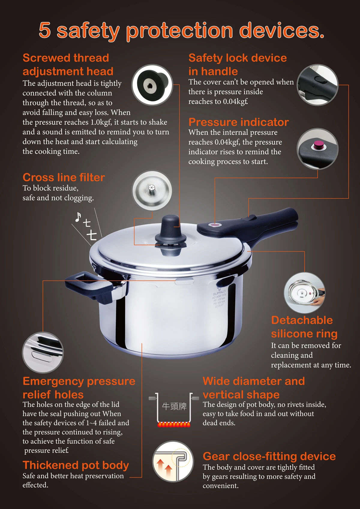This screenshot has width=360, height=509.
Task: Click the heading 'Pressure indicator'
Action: coord(238,122)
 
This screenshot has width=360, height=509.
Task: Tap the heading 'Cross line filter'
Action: coord(64,177)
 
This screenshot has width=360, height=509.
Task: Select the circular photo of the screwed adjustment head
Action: coord(152,85)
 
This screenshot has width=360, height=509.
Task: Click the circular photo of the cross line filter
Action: coord(152,190)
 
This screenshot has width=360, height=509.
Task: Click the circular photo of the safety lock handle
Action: coord(317,85)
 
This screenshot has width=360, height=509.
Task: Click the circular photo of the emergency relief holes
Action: coord(43,352)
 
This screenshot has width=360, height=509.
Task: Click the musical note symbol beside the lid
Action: coord(78,217)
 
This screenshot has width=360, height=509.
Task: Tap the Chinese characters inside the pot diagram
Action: coord(174,406)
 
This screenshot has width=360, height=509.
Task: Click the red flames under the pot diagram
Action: coord(174,424)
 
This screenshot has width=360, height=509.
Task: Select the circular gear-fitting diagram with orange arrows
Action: coord(173,462)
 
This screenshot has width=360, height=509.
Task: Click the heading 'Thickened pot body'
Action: coord(76,465)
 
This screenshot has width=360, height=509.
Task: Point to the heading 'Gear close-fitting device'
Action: coord(269,456)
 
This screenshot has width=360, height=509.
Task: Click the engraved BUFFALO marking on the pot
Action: coord(219,292)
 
